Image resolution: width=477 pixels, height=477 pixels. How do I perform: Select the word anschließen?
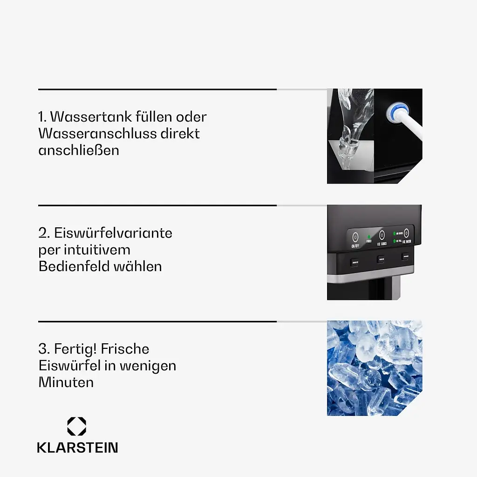[x=79, y=150]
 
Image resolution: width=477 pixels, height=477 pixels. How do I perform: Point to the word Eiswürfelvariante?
[x=113, y=232]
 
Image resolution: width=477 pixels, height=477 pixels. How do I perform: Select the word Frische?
[x=125, y=349]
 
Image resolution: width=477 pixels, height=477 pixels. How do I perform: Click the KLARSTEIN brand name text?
[x=77, y=448]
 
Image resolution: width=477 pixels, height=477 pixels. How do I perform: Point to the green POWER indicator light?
[x=368, y=236]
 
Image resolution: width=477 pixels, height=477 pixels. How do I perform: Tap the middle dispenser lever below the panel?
[x=381, y=259]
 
